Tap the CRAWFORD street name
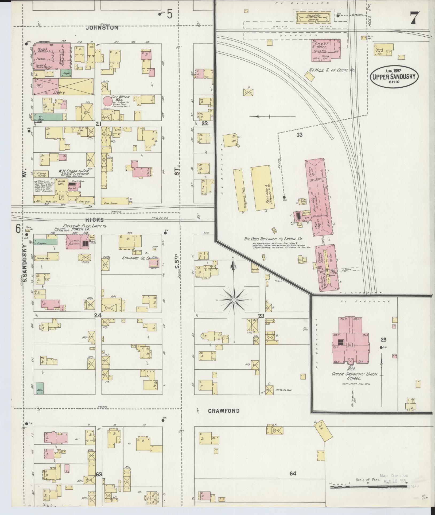tap(224, 411)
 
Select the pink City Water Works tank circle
tap(108, 101)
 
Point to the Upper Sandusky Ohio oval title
tap(394, 76)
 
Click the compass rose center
tap(234, 300)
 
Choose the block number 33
tap(299, 135)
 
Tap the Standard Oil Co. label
tap(135, 258)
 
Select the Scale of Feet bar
tap(369, 487)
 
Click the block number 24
tap(98, 315)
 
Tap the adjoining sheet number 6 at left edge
tap(18, 229)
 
